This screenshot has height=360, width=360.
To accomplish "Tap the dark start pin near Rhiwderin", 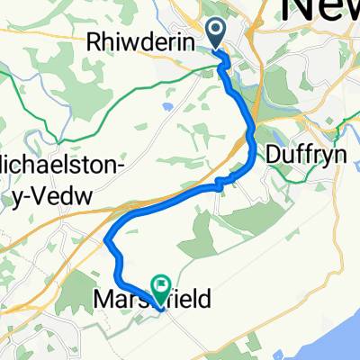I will tap(217, 34).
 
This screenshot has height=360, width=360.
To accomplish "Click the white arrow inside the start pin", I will tap(217, 31).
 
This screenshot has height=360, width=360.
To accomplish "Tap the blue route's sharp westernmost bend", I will tap(107, 240).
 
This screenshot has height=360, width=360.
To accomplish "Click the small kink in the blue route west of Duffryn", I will tap(218, 184).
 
